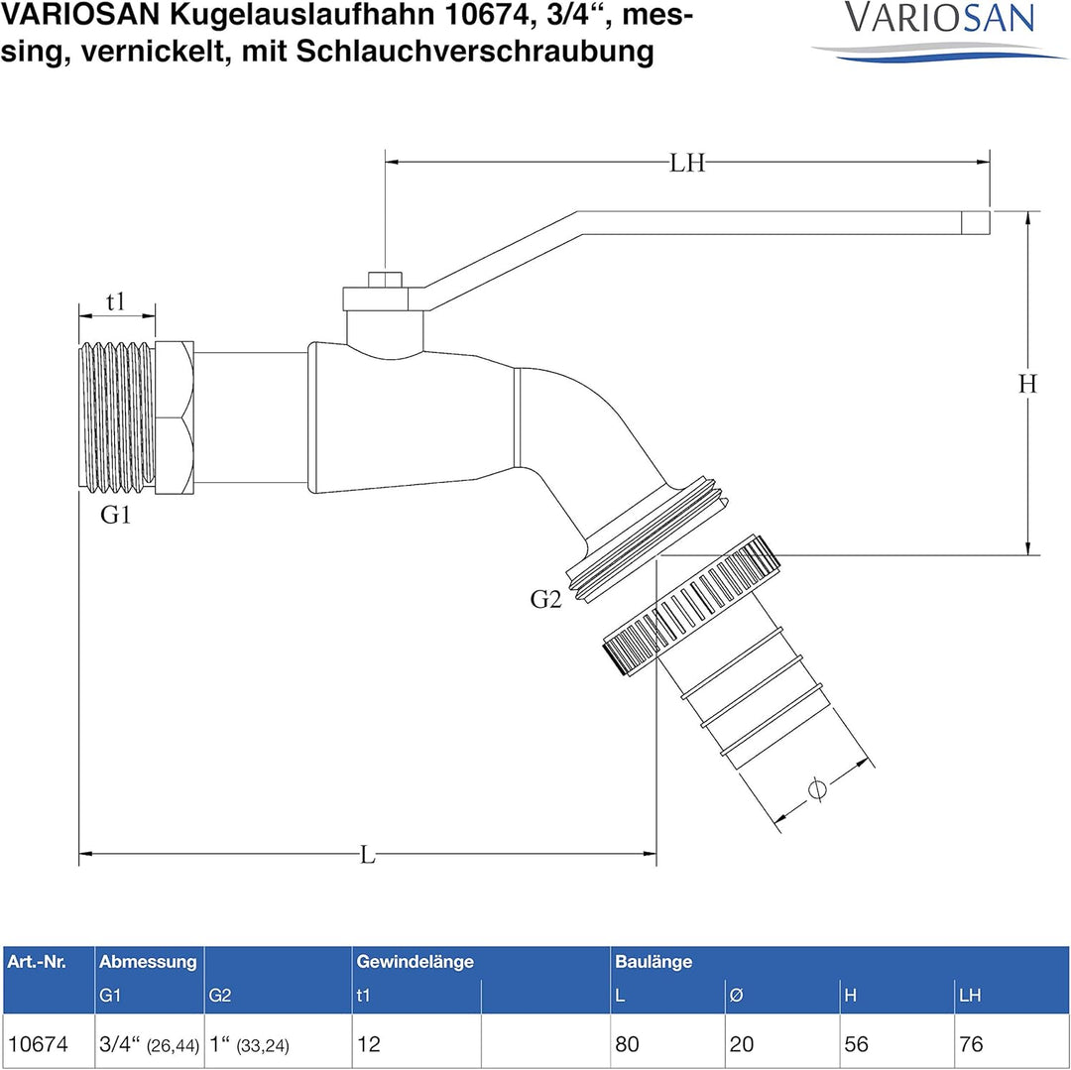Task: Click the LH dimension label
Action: [686, 163]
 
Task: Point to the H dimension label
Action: [1026, 384]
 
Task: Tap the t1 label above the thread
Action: [116, 302]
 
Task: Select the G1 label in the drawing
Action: [115, 516]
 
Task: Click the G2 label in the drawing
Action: [545, 598]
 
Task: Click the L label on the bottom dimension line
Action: [368, 854]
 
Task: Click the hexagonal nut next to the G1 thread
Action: [175, 416]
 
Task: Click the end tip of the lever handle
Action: [977, 222]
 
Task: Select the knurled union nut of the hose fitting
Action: [689, 605]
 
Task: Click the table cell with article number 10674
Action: [38, 1043]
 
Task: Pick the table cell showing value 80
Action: [627, 1043]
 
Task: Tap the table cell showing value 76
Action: [972, 1043]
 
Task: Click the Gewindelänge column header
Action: [415, 962]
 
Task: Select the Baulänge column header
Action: [654, 962]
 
